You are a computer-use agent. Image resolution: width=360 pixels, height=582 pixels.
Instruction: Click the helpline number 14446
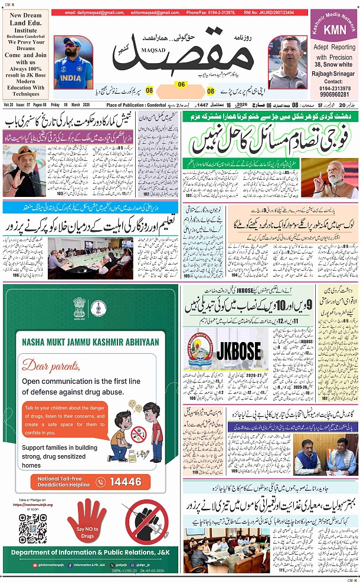126,482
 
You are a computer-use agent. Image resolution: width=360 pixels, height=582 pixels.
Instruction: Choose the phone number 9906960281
335,94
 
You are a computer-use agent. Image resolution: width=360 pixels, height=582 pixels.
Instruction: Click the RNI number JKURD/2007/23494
277,12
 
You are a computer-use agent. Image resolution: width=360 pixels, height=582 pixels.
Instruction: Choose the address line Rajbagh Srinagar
335,74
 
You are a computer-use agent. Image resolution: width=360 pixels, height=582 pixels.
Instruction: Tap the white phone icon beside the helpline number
100,482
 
